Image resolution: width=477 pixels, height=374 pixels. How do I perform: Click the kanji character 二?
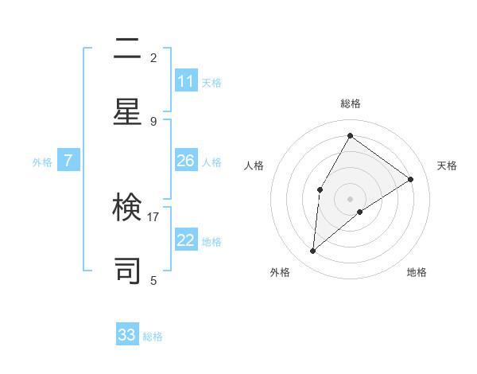pos(127,51)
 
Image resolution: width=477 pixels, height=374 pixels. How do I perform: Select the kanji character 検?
pos(127,209)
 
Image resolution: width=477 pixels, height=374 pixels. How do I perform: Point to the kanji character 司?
pos(127,270)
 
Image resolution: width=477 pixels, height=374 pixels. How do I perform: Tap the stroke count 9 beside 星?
pos(153,121)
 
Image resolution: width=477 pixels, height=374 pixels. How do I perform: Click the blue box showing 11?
pos(185,81)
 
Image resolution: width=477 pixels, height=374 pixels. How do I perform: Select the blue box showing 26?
pos(185,161)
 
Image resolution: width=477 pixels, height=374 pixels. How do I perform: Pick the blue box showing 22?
pos(185,240)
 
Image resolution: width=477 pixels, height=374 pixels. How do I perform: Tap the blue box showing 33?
pos(127,335)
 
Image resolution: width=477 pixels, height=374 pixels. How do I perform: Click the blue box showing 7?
pos(68,161)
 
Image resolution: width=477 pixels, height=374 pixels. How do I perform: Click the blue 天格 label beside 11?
pos(211,82)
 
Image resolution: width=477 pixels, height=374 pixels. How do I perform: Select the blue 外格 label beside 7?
pos(42,162)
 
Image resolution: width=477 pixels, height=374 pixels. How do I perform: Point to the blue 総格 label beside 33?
pos(153,336)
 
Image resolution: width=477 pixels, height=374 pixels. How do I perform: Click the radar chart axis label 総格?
pos(351,103)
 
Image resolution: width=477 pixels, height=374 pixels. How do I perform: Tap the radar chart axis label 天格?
pos(447,166)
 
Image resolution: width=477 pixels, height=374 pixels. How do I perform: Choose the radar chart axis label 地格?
pos(417,272)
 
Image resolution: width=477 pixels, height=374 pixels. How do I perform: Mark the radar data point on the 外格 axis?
pos(313,251)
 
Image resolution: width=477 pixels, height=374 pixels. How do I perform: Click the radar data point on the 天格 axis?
pos(411,179)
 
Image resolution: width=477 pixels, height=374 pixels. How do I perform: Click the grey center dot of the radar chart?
pos(351,198)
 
